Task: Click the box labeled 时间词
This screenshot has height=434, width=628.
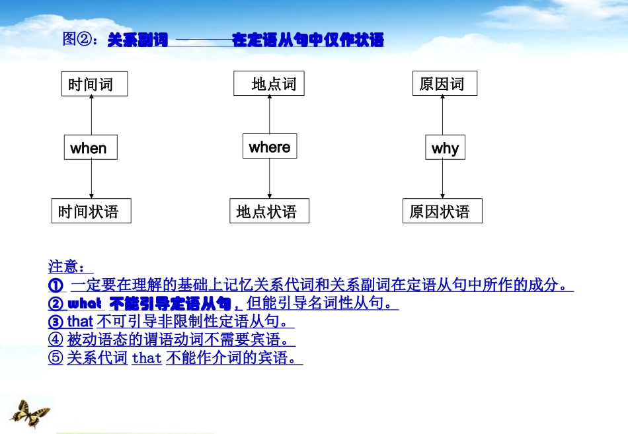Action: (x=94, y=85)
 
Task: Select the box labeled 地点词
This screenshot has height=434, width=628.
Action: (x=269, y=84)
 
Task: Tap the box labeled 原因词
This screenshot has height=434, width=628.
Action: (x=444, y=84)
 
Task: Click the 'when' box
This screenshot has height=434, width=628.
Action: (x=91, y=147)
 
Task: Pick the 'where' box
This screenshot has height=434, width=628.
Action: (x=270, y=146)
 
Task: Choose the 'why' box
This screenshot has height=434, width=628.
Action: (x=445, y=148)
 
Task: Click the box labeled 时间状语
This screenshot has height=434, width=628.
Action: (x=91, y=211)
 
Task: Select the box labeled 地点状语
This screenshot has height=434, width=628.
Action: (x=269, y=211)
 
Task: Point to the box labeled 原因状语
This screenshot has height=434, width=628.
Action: (x=442, y=211)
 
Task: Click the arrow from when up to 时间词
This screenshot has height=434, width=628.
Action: (x=91, y=115)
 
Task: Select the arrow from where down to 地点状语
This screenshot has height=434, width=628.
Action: (x=270, y=178)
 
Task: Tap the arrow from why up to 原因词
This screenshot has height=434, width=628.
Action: (x=444, y=116)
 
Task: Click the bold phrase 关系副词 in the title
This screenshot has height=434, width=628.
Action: (x=137, y=40)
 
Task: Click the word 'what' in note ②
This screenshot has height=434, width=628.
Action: (x=85, y=304)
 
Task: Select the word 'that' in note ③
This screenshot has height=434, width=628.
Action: (x=80, y=322)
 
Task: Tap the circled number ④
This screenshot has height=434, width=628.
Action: (x=56, y=340)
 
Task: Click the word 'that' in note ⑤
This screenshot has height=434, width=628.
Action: (x=147, y=359)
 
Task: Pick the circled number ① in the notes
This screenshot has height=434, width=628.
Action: (x=56, y=285)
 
